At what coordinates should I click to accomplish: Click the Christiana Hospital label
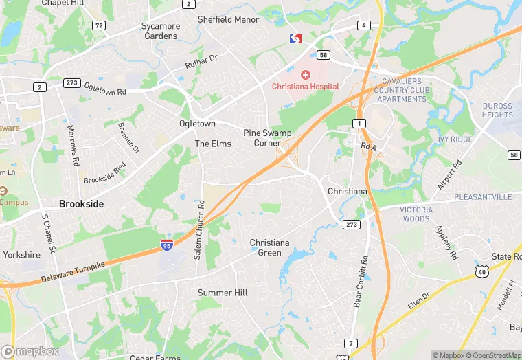coord(305,87)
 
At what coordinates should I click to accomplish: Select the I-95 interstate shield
coord(166,245)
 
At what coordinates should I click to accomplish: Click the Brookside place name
coord(81,204)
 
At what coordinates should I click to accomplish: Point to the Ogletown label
coord(197,124)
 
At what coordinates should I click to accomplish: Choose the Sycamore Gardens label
coord(161,31)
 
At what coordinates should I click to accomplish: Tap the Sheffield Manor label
coord(229,19)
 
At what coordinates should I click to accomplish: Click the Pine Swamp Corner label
coord(267,137)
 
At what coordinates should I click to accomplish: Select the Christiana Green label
coord(269,247)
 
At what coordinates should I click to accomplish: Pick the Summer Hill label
coord(223,293)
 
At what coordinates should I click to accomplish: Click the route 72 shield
coord(100,25)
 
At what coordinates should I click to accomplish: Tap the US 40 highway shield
coord(481,273)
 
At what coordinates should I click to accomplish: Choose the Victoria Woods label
coord(416,214)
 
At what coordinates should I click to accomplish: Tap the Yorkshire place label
coord(21,254)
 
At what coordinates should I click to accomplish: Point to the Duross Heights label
coord(497,111)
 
